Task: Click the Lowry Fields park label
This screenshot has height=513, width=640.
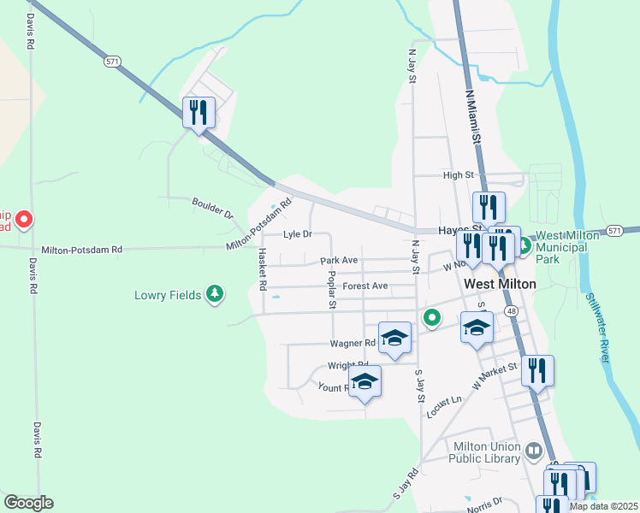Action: click(168, 296)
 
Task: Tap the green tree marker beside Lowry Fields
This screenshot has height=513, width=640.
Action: click(217, 295)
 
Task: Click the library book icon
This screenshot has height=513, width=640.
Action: click(534, 450)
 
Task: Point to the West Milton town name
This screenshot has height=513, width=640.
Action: click(500, 284)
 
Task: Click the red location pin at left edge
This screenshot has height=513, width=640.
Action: click(24, 220)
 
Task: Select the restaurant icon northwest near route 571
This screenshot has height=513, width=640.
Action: click(199, 112)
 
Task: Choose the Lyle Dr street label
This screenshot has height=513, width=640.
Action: click(298, 233)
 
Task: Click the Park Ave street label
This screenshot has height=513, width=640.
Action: click(339, 260)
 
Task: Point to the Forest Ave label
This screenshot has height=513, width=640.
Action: click(365, 286)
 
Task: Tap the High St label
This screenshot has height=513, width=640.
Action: click(459, 175)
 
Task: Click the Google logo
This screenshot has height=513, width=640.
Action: click(28, 503)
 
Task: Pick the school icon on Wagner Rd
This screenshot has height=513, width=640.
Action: click(394, 338)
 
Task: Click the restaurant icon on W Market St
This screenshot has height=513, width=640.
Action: click(537, 371)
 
